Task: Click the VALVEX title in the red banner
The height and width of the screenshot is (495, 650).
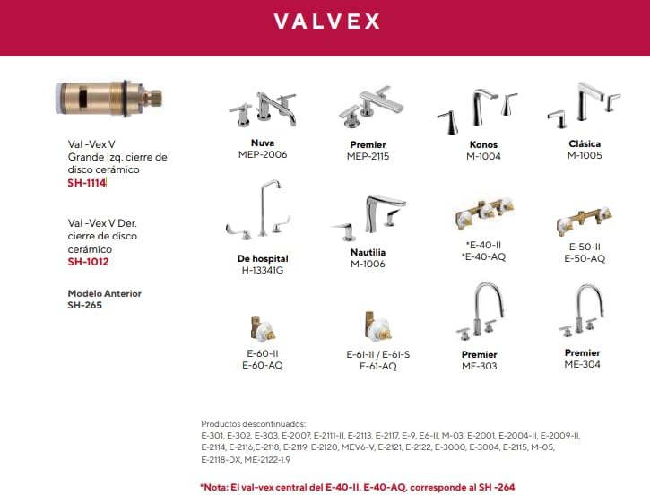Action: pyautogui.click(x=325, y=21)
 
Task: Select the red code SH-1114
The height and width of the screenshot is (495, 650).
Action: pyautogui.click(x=86, y=183)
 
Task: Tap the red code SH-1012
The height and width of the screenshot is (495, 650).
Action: pyautogui.click(x=88, y=262)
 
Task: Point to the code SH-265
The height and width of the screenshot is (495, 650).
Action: pyautogui.click(x=85, y=305)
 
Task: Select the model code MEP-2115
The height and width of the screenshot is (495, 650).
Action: pyautogui.click(x=368, y=156)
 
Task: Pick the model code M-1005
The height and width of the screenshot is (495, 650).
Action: pyautogui.click(x=585, y=155)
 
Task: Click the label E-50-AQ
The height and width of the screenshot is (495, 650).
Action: pyautogui.click(x=585, y=258)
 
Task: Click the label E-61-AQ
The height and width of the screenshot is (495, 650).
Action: pyautogui.click(x=377, y=366)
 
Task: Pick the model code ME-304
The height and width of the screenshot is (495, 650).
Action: pyautogui.click(x=582, y=364)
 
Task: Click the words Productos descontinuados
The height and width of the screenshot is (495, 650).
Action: pyautogui.click(x=254, y=422)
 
